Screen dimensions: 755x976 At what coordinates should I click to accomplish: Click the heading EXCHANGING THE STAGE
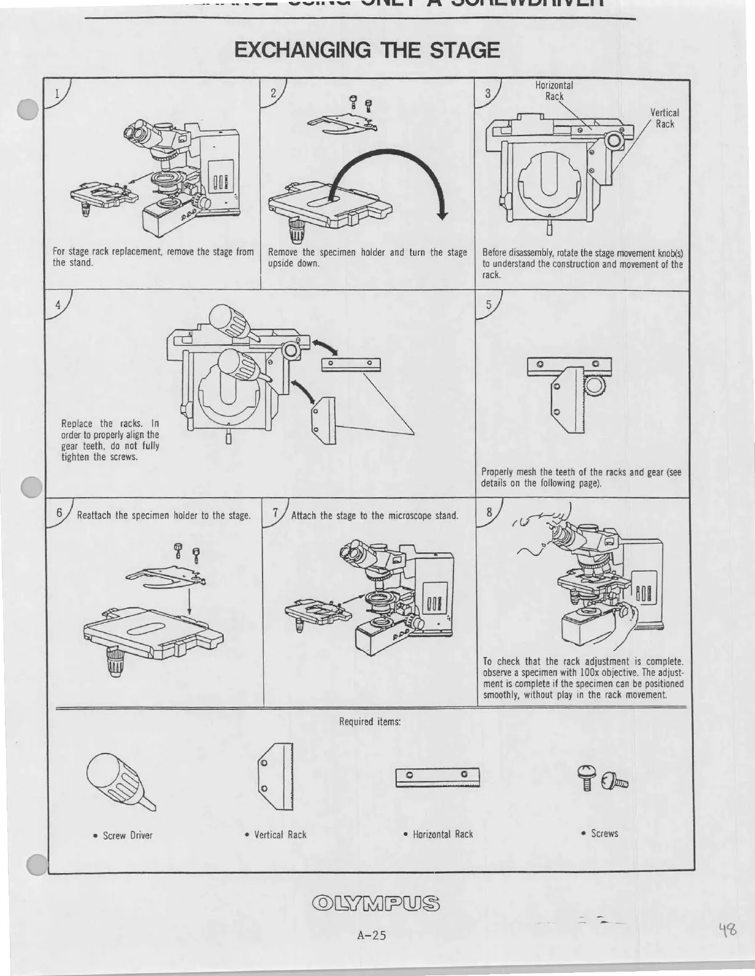click(367, 50)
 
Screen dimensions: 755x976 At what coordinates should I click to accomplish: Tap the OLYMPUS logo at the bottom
click(377, 904)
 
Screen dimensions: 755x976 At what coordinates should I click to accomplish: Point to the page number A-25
click(371, 935)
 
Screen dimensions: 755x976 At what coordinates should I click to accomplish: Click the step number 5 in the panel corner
click(489, 304)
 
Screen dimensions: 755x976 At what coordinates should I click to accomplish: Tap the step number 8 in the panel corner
click(489, 512)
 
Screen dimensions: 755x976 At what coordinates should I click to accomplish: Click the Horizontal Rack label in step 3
click(553, 91)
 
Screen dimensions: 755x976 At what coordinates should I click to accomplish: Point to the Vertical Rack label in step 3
click(664, 118)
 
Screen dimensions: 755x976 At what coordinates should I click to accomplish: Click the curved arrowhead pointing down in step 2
click(441, 213)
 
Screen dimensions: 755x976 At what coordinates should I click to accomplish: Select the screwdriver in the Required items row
click(120, 783)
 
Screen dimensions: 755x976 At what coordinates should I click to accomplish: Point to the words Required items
click(370, 722)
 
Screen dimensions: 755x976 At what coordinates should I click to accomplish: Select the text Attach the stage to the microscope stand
click(374, 516)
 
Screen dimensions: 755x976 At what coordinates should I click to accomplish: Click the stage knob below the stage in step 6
click(115, 661)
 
